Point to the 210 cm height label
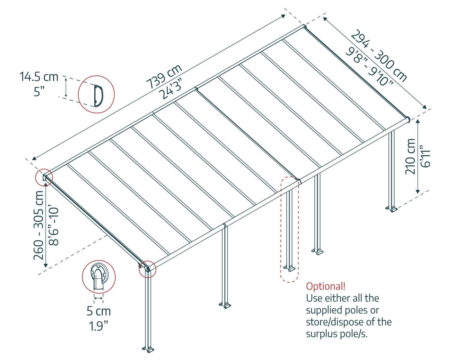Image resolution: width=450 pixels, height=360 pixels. pos(410,156)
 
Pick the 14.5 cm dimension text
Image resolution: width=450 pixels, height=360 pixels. pos(39,77)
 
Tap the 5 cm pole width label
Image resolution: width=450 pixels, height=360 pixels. pos(99,311)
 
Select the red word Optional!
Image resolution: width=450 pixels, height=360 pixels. pos(325,286)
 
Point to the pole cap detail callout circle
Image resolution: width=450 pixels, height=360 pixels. pos(99,276)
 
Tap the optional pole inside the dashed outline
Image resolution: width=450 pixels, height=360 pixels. pos(289,228)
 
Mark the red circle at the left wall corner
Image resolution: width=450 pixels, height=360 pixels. pos(44,177)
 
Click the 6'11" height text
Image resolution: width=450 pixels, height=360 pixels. pos(426,156)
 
